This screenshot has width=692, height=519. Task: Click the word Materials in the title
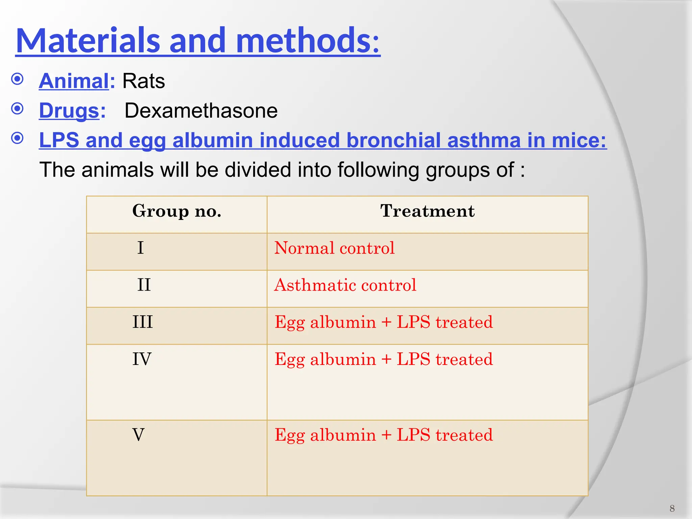[x=88, y=41]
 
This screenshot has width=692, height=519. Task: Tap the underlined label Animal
[x=74, y=81]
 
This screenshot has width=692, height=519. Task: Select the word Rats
[x=143, y=81]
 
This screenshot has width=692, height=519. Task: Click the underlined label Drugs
[x=69, y=111]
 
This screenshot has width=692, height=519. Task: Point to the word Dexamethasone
[x=201, y=111]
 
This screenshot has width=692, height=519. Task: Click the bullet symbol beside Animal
[x=17, y=79]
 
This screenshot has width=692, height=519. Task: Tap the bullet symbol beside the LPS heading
[x=17, y=138]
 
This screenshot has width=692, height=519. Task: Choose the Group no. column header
[x=177, y=211]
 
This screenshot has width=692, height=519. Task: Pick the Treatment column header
[x=427, y=211]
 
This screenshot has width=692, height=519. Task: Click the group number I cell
[x=141, y=248]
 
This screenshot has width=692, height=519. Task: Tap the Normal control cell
[x=334, y=248]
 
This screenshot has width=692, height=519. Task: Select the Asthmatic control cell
[x=345, y=285]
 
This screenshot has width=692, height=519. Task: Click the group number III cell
[x=142, y=322]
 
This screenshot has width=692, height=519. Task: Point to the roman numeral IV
[x=142, y=359]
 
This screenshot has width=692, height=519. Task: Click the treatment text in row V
[x=384, y=435]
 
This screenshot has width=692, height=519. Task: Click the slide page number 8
[x=672, y=509]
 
